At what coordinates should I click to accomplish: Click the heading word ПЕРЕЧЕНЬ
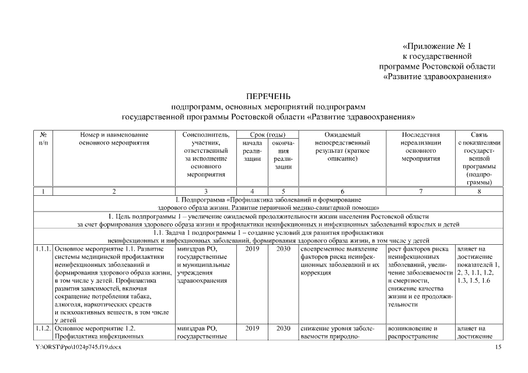[264, 96]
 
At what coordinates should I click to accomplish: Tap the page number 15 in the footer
[498, 347]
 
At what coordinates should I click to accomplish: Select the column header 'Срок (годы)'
[267, 135]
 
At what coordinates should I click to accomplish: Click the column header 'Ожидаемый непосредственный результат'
[341, 147]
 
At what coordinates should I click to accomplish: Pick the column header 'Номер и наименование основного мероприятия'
[114, 139]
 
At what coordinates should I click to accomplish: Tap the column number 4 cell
[251, 191]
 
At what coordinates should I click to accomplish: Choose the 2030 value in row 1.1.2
[282, 328]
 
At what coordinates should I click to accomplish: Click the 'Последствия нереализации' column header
[420, 147]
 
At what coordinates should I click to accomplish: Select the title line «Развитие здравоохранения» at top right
[437, 76]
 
